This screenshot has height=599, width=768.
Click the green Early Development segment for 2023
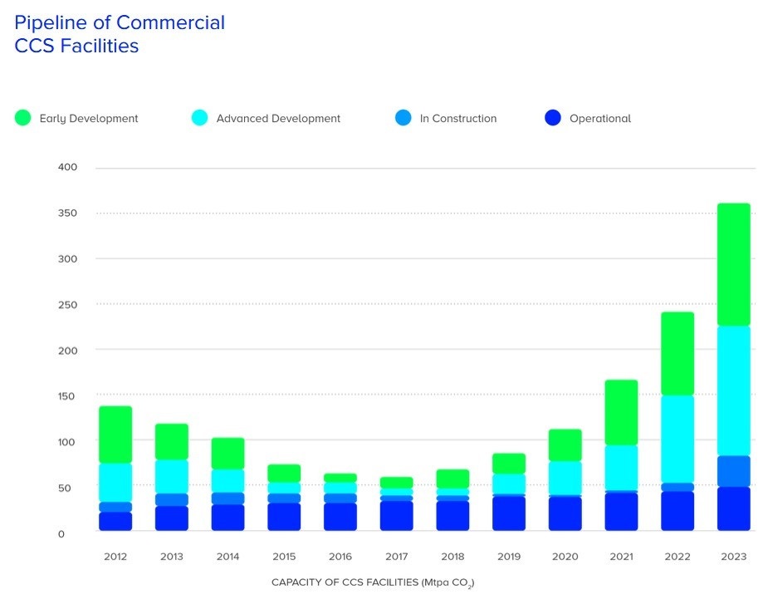[733, 264]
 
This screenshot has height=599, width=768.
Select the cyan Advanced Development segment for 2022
[677, 439]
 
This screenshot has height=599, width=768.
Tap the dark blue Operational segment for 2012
[115, 521]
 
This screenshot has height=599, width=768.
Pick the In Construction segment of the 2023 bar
[733, 471]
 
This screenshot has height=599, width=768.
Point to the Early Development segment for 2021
[621, 412]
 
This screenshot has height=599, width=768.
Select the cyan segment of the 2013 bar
[172, 476]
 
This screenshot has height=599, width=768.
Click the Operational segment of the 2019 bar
[508, 513]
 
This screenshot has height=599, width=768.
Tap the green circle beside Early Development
[23, 118]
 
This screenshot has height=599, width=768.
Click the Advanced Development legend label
[278, 119]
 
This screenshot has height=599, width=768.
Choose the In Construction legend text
[457, 119]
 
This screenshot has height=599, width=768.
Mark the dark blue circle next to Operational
[553, 118]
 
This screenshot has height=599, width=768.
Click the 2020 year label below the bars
[565, 557]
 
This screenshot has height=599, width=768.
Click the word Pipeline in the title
[50, 22]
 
